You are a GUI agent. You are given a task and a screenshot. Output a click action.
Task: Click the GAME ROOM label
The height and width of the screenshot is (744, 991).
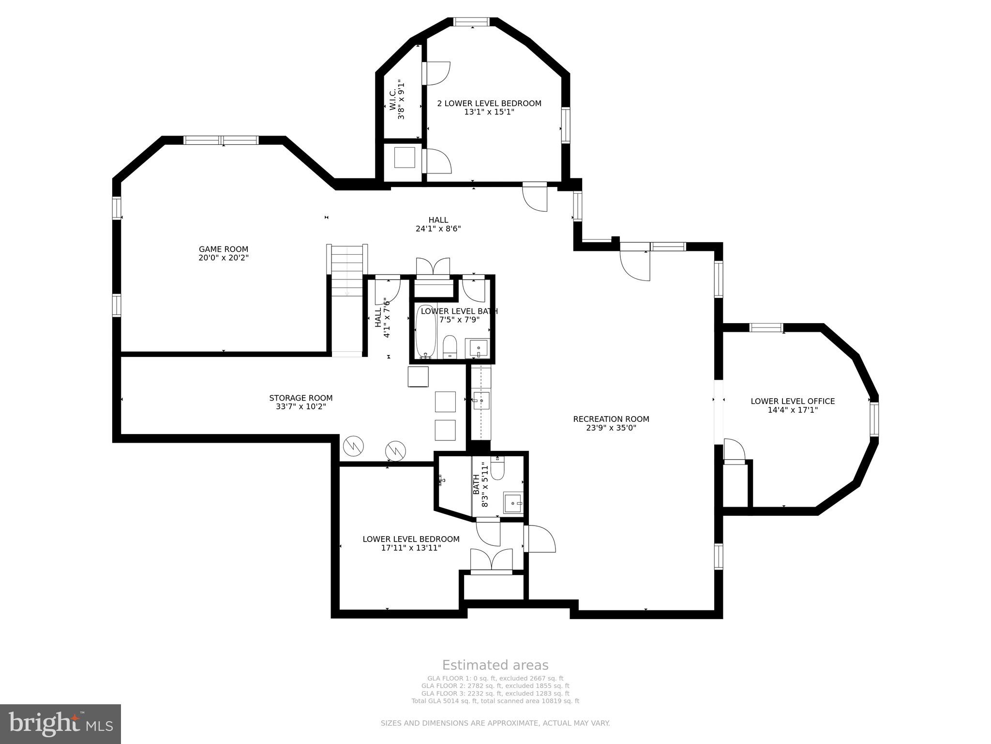click(223, 249)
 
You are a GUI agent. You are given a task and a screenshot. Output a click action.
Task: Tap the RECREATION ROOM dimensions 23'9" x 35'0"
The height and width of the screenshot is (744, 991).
click(611, 428)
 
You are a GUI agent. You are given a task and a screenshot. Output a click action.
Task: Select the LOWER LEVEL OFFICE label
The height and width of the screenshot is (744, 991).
click(793, 401)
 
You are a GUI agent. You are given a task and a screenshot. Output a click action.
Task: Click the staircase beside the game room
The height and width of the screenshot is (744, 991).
click(347, 271)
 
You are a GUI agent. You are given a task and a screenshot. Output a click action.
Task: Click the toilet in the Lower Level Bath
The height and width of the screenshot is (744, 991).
click(450, 346)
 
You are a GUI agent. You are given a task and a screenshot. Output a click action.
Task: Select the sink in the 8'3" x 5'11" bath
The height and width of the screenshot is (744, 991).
click(513, 503)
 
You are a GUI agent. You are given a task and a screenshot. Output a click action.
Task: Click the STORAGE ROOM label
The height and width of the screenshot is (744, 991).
click(300, 398)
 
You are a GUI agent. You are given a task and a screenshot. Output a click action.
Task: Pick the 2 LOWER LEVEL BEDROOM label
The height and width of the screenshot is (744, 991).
click(489, 103)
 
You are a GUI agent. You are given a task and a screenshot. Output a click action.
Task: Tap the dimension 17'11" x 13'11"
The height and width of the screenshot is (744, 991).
click(410, 548)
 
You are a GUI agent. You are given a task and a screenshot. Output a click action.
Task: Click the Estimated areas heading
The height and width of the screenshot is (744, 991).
click(495, 665)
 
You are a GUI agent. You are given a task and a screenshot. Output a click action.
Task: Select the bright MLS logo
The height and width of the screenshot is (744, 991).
click(60, 724)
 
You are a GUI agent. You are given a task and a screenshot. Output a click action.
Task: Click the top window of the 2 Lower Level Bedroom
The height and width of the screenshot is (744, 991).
click(472, 21)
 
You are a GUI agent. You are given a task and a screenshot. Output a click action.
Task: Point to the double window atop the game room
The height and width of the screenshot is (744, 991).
click(221, 140)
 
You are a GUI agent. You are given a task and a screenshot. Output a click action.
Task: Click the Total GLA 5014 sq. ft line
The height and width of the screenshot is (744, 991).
click(495, 701)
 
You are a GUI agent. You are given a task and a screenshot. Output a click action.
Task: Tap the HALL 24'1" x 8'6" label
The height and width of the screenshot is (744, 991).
click(438, 224)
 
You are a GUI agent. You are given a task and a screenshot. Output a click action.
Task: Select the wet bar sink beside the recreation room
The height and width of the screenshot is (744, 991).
click(481, 401)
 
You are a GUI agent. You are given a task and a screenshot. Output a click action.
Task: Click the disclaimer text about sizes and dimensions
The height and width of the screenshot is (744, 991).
click(495, 723)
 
